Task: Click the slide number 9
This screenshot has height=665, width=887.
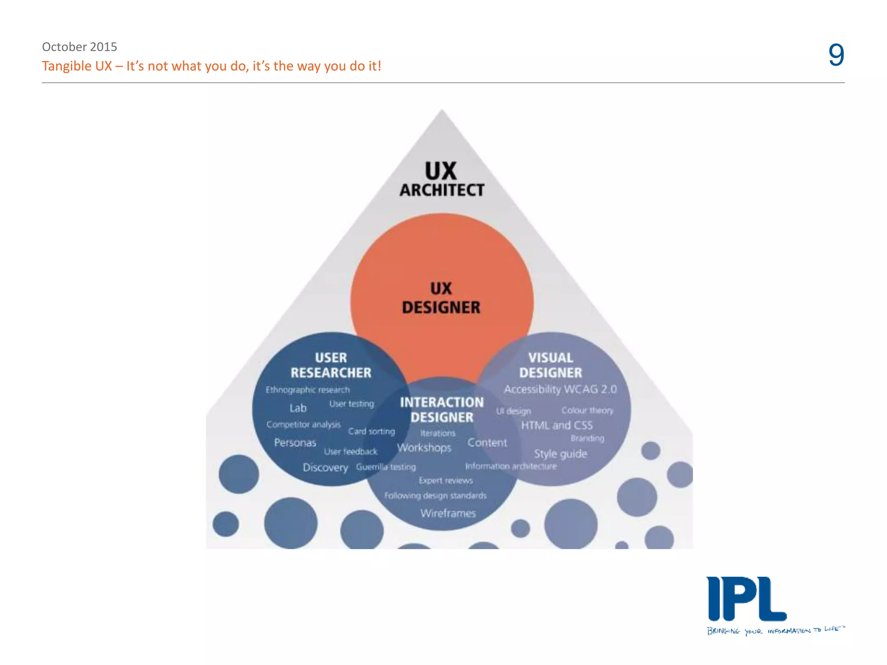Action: [836, 55]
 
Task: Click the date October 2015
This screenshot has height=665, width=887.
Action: [79, 47]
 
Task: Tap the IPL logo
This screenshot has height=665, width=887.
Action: [746, 600]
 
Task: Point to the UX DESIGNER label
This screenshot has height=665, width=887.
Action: [441, 298]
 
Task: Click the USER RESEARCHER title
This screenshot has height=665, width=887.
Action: [331, 365]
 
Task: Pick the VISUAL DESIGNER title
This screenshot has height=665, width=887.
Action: [550, 365]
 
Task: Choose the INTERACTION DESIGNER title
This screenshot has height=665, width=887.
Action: [442, 410]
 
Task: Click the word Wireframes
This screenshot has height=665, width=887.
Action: [448, 513]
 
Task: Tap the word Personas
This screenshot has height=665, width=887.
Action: [295, 443]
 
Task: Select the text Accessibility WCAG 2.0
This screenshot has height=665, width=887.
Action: [560, 389]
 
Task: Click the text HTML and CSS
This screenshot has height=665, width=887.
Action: [557, 425]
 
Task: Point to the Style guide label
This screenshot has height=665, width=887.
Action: [560, 454]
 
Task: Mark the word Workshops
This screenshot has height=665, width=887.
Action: [424, 448]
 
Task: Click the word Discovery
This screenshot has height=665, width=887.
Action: [325, 468]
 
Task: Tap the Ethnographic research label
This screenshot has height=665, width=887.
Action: [308, 390]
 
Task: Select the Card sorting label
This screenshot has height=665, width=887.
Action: [372, 431]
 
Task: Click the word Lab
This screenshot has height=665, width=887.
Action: [298, 408]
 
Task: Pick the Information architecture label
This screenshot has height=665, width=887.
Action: [511, 466]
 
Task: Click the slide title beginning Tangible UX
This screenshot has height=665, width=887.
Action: [211, 66]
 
